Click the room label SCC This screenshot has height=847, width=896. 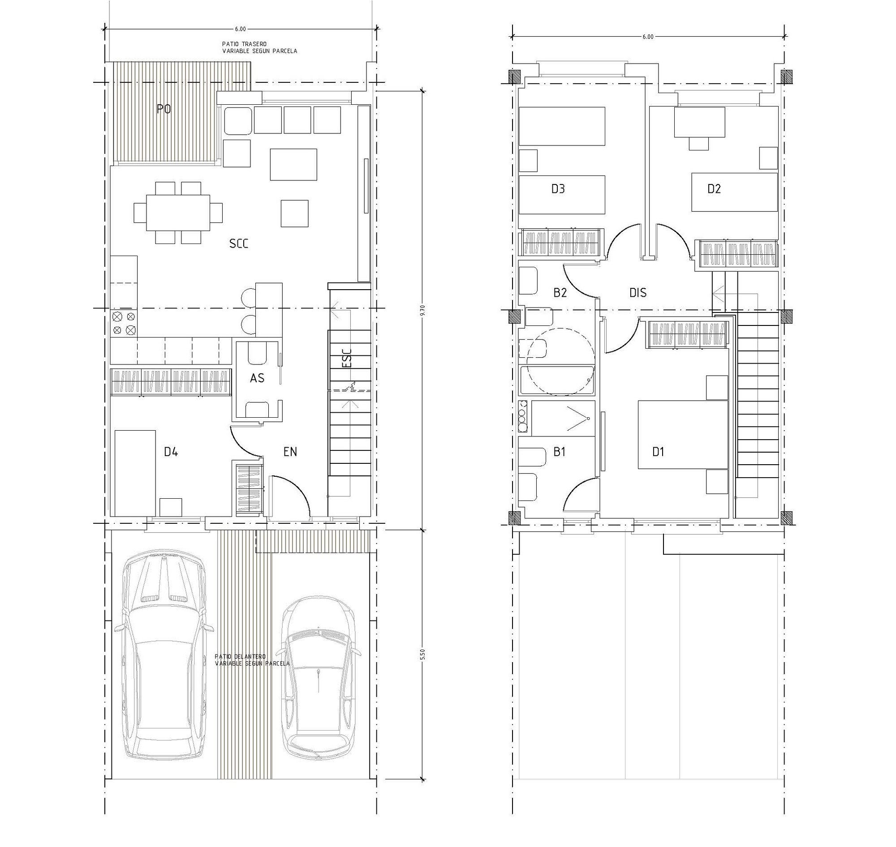239,244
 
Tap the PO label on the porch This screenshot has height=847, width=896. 164,109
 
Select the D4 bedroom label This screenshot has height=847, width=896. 171,452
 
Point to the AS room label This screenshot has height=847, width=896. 257,378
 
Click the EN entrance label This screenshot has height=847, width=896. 290,452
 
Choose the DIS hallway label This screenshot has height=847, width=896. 638,293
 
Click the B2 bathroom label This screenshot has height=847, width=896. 560,293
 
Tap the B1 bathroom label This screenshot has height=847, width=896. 560,452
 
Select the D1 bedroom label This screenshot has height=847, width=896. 658,452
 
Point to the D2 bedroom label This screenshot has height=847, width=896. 714,189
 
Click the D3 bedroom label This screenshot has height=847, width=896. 558,189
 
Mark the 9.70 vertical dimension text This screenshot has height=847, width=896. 423,311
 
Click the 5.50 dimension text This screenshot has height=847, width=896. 423,654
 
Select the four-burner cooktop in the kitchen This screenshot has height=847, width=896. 124,323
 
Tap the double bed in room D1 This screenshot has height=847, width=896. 683,434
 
